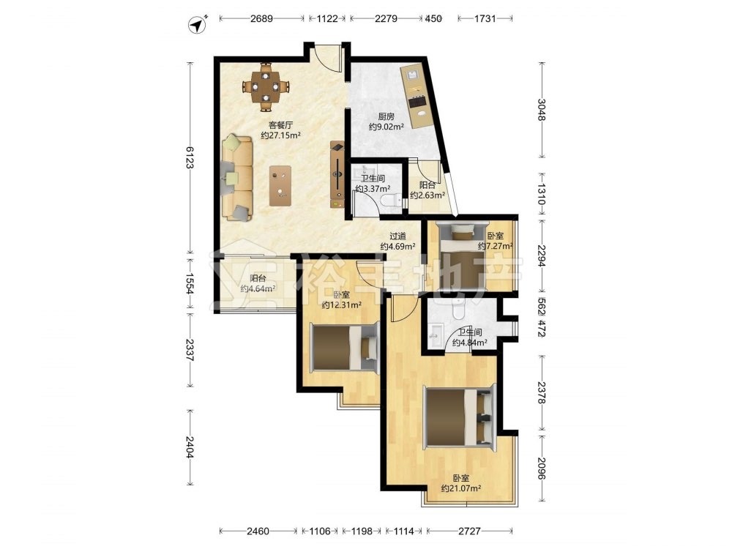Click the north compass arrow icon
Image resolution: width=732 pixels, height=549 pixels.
pos(198,25)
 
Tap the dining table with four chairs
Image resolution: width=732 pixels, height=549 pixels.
pos(266,87)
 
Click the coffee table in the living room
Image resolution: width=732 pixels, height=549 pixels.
pos(280,186)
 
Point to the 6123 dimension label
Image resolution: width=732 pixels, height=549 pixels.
pos(190,157)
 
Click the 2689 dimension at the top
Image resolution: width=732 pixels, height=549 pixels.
pos(261,19)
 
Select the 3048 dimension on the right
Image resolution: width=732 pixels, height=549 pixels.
pos(541,110)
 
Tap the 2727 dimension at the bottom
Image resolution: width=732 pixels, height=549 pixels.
pos(469,531)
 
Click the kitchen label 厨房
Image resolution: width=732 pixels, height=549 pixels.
pos(386,116)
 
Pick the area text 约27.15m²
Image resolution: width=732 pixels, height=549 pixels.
pos(280,135)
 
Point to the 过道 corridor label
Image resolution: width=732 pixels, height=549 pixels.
pos(397,236)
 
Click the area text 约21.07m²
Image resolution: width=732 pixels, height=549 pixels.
pos(461,488)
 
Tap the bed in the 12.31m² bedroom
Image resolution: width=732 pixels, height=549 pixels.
pos(345,347)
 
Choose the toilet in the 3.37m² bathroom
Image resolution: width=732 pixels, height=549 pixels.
pos(390,201)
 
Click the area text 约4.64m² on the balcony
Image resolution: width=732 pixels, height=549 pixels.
pos(258,288)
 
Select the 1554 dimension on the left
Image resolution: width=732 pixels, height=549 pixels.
pos(190,283)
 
